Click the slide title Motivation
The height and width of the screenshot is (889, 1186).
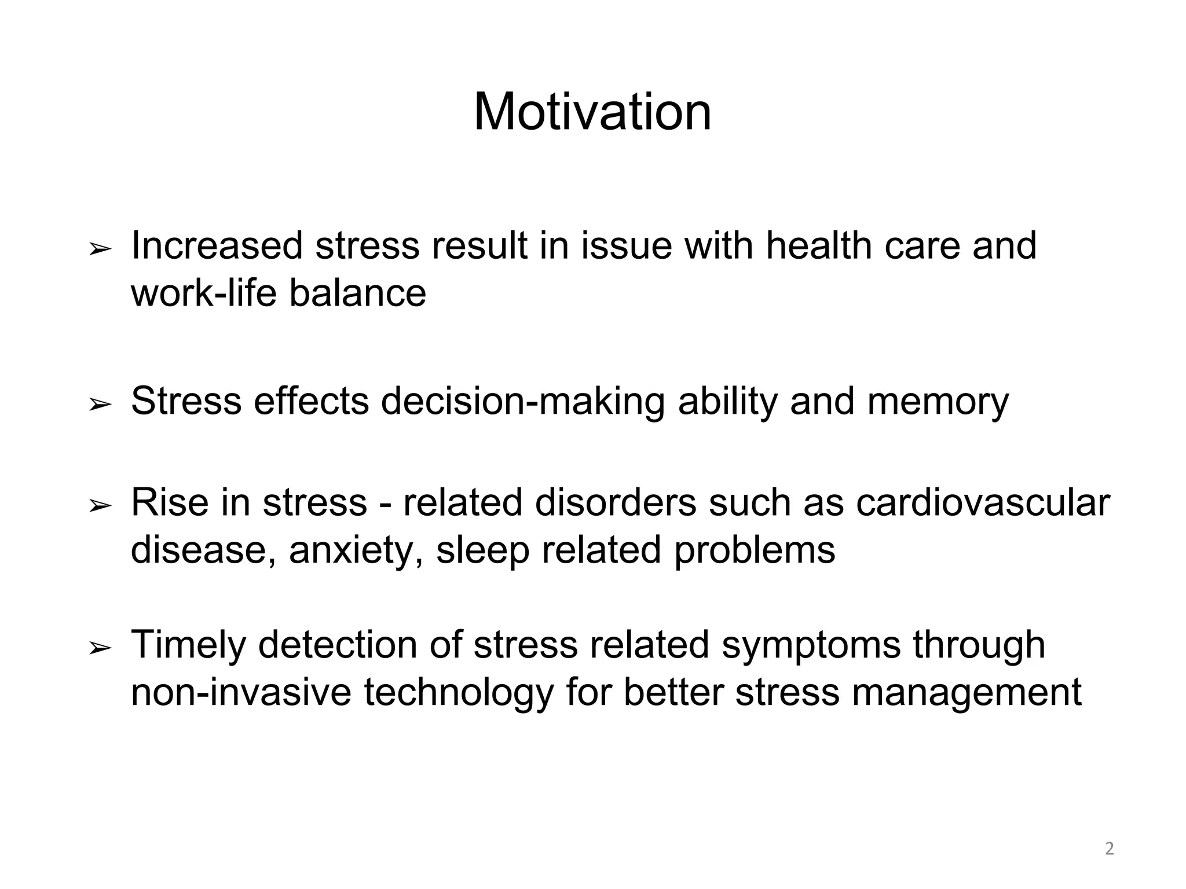592,112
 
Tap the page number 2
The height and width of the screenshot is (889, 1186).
1110,849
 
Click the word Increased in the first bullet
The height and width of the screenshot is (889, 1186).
217,246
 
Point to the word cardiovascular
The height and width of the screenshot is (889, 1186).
983,502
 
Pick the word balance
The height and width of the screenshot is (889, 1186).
357,293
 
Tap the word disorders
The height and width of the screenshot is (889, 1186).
615,502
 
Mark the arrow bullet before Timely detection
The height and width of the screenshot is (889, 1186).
100,649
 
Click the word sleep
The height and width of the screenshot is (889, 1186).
482,550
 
